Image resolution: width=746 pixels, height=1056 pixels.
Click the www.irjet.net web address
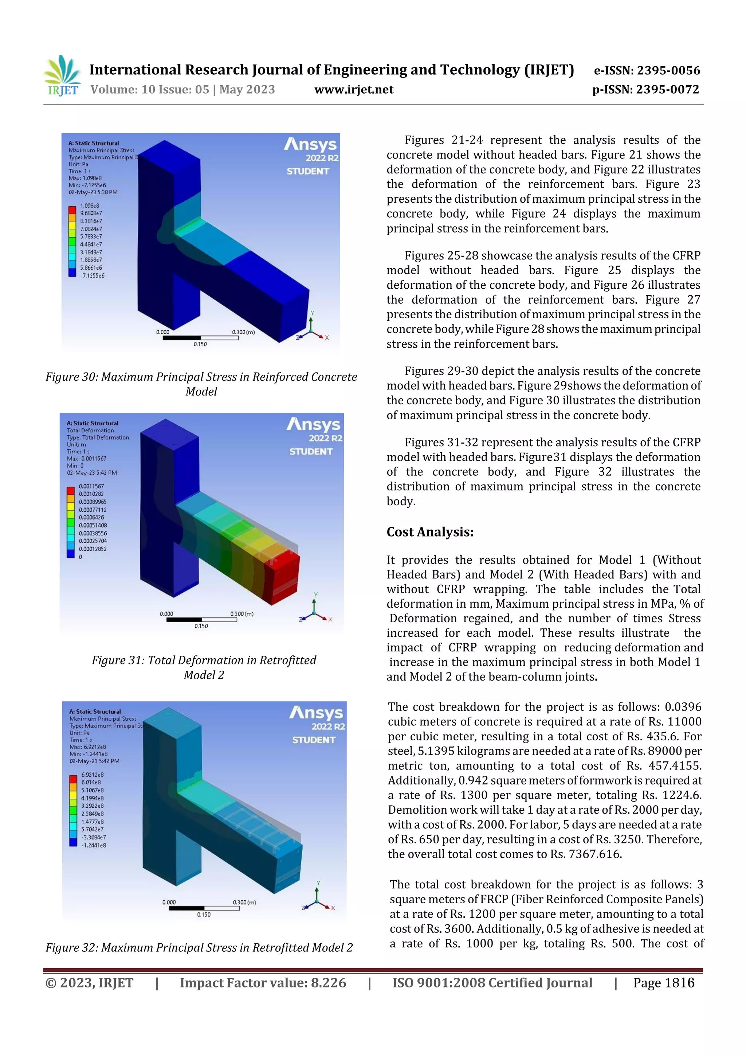(x=353, y=90)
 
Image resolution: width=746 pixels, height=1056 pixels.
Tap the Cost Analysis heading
(x=429, y=532)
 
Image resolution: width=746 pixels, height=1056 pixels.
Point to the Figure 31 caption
(x=204, y=667)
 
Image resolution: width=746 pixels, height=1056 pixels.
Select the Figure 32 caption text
(x=199, y=947)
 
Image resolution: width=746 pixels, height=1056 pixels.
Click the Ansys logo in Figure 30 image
(x=311, y=144)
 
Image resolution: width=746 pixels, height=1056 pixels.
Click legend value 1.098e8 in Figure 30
(x=90, y=206)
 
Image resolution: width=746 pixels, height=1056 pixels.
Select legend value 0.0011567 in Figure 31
(x=91, y=486)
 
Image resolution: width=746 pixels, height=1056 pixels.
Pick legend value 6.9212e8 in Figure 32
(x=93, y=775)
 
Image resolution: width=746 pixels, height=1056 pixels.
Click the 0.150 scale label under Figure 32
(x=204, y=914)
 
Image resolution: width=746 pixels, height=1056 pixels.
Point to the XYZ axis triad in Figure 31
(x=315, y=609)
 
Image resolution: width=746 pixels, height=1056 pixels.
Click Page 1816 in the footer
(x=663, y=983)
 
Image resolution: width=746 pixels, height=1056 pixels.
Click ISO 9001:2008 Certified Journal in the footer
(x=492, y=983)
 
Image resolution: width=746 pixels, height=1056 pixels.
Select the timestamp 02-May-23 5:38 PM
(x=93, y=192)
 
